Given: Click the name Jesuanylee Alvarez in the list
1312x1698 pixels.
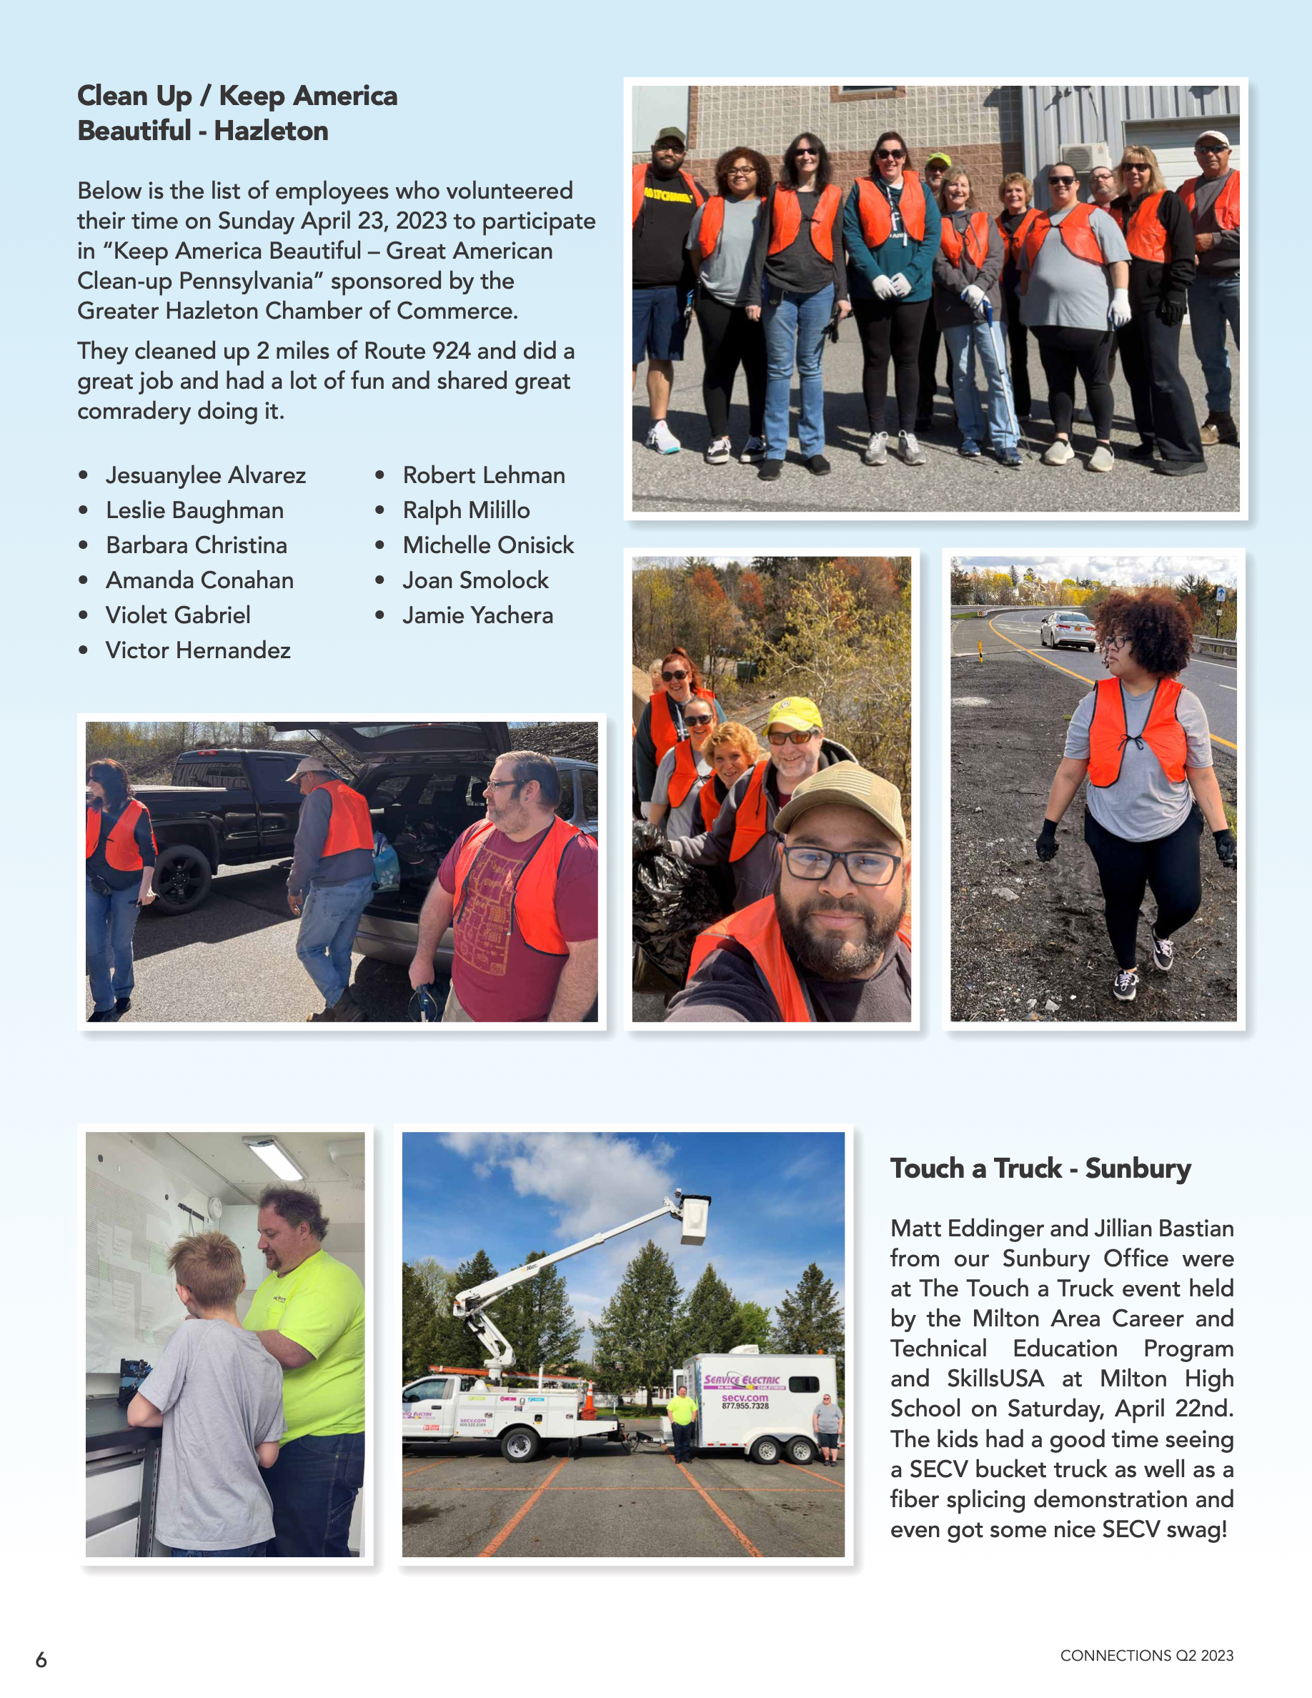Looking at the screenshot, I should pos(205,475).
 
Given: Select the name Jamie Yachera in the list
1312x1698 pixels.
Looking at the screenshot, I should pos(477,615).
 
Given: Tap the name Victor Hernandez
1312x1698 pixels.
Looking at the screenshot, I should pos(197,650).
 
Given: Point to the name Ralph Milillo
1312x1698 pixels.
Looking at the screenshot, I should pos(466,510).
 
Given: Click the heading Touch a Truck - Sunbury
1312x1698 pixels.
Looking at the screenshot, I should pos(1040,1168).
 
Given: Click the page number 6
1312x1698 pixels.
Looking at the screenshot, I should pos(41,1659).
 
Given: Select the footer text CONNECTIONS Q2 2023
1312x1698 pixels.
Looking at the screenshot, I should pos(1146,1655).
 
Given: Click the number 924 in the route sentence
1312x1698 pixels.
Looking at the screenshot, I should pos(451,351).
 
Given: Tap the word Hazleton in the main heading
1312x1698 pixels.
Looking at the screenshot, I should pos(271,131).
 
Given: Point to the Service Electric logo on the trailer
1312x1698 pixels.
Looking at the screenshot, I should pos(742,1380).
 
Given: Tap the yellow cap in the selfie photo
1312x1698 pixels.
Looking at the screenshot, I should pos(794,714).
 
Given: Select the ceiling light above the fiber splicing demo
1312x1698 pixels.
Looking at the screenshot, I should pos(275,1158).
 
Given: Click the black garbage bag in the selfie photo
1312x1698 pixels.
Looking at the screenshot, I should pos(666,894).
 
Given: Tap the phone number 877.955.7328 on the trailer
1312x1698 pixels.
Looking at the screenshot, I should pos(745,1406).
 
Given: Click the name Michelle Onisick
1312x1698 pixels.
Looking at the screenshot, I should pos(487,545).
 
